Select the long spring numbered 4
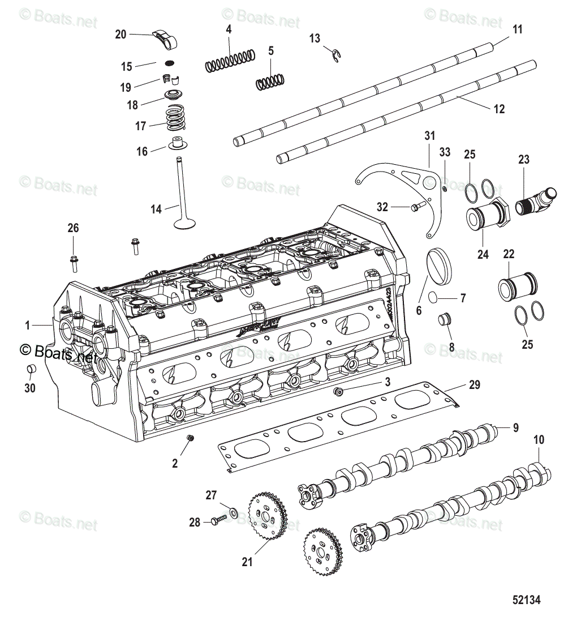click(x=229, y=59)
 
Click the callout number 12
click(x=499, y=109)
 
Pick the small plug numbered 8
click(x=445, y=319)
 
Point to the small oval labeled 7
click(x=432, y=297)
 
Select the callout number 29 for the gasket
click(x=474, y=385)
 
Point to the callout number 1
click(x=27, y=326)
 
